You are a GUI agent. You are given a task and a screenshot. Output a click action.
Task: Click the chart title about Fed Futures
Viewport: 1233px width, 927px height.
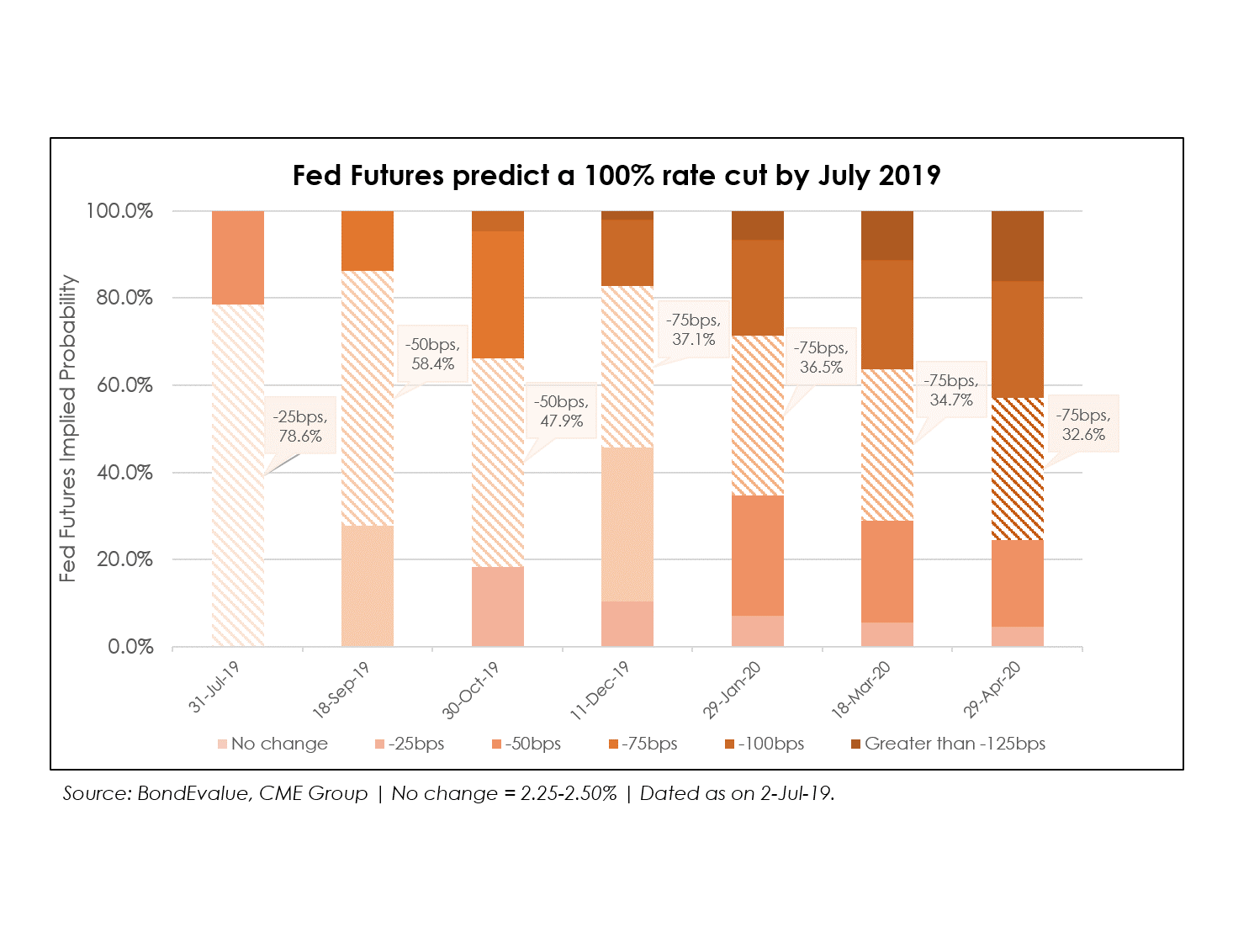click(616, 176)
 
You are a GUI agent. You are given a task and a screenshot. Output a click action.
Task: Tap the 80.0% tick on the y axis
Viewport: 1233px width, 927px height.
click(124, 298)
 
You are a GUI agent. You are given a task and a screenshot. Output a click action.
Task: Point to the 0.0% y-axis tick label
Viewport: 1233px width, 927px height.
click(130, 647)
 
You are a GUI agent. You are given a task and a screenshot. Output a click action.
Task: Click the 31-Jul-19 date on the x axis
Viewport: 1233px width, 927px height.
click(215, 686)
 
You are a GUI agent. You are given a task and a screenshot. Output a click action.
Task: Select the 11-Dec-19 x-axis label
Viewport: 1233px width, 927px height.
click(601, 690)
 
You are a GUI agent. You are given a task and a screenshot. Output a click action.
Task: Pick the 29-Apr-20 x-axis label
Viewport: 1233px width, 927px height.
click(992, 690)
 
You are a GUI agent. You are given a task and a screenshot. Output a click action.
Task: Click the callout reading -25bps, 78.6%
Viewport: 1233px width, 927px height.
click(300, 426)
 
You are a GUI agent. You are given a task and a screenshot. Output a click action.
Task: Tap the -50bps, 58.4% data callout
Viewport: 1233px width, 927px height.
click(432, 354)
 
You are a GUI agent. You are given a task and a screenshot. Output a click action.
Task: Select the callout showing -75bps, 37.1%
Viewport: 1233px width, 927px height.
click(693, 330)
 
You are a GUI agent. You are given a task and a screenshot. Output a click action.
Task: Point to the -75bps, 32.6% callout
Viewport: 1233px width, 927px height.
click(1083, 424)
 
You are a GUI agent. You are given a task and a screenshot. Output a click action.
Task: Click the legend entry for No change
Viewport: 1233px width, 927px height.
click(273, 744)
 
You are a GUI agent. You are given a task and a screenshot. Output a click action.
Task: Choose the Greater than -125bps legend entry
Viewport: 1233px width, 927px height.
click(948, 744)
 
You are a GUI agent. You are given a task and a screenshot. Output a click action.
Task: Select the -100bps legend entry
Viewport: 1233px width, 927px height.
click(765, 744)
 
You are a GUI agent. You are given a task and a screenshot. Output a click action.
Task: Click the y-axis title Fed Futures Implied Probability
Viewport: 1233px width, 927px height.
click(68, 428)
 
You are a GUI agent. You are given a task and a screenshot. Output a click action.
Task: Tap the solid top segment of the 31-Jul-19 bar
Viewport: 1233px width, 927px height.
click(238, 257)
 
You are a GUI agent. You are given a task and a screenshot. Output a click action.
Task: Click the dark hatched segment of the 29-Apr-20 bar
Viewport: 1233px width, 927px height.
click(1018, 469)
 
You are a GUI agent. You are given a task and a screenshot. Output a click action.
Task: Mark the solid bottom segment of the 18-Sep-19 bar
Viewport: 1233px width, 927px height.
click(368, 585)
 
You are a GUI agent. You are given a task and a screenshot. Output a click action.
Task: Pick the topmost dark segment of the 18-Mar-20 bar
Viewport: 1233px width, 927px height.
click(887, 236)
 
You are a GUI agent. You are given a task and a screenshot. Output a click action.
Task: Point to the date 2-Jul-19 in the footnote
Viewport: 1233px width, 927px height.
click(796, 793)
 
